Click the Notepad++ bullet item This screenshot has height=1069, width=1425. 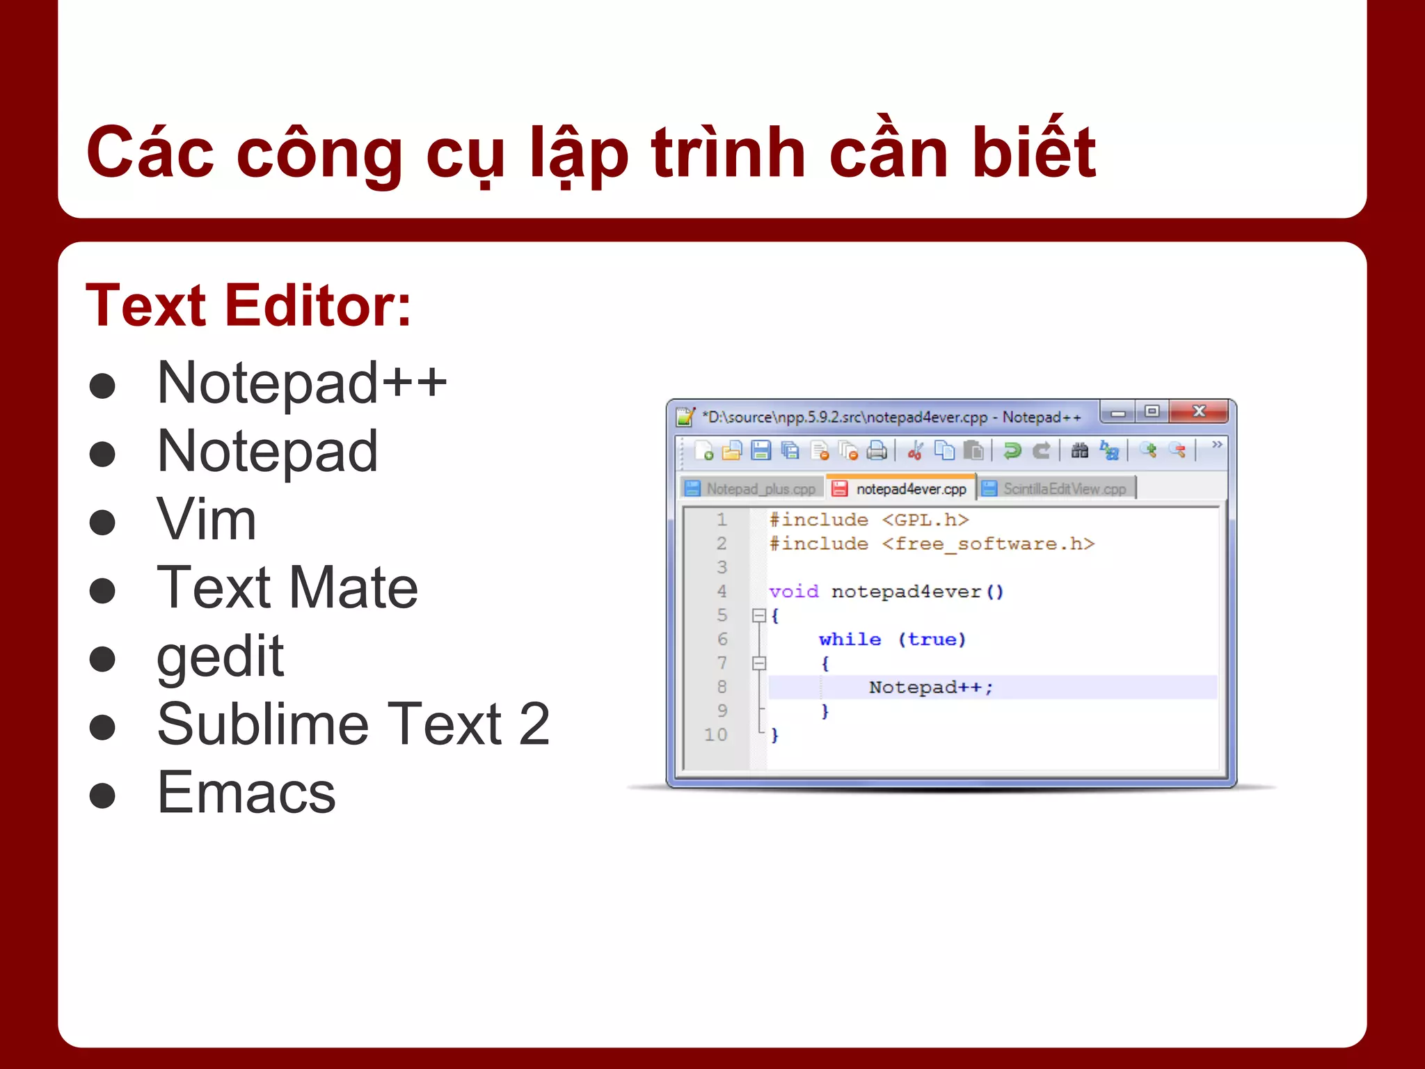[x=301, y=383]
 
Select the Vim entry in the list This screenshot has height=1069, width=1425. [x=207, y=519]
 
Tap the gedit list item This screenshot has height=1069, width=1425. [x=220, y=656]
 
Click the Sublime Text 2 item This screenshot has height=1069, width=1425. [x=353, y=724]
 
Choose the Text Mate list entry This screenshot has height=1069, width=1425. [x=287, y=587]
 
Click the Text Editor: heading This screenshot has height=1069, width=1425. [x=248, y=306]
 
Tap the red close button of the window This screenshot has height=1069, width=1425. [x=1198, y=411]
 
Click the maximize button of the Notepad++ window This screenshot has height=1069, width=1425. [x=1152, y=411]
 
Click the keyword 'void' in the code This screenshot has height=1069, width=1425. [x=794, y=592]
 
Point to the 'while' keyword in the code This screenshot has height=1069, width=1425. [x=850, y=640]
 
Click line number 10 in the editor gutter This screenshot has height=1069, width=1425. [x=716, y=734]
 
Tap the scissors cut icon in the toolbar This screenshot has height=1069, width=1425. [x=915, y=451]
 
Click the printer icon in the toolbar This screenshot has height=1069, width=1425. [x=877, y=451]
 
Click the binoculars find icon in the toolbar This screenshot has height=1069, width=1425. [x=1079, y=451]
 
